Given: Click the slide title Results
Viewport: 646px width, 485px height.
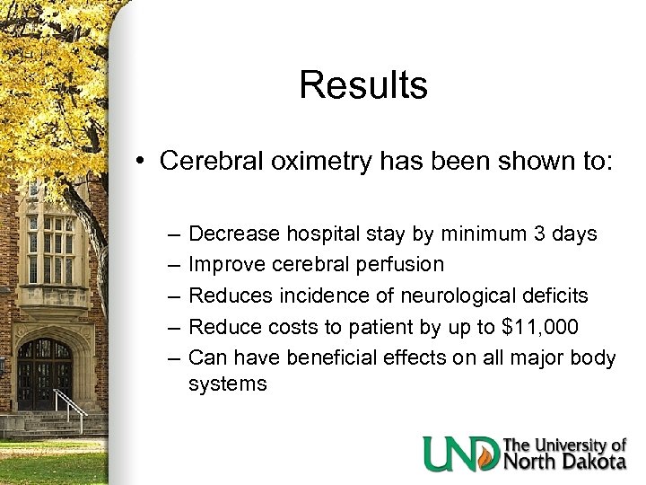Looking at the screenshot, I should pyautogui.click(x=363, y=85).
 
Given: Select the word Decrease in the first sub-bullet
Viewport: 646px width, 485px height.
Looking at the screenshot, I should pyautogui.click(x=235, y=234).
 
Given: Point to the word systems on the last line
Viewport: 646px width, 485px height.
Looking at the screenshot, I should pyautogui.click(x=228, y=384).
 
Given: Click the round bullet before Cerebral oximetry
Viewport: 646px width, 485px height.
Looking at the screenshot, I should pyautogui.click(x=142, y=163).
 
